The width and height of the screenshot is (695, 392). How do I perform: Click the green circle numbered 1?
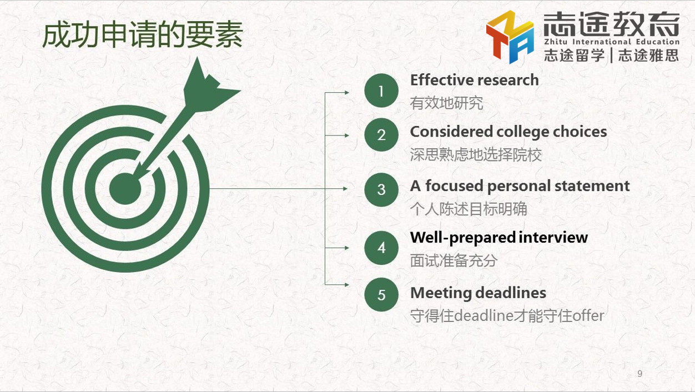[381, 91]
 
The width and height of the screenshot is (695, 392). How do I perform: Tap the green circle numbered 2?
[381, 135]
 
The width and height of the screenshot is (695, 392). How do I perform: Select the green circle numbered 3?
[381, 190]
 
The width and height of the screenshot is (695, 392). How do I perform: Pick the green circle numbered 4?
[381, 248]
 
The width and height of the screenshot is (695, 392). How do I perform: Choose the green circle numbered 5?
[381, 294]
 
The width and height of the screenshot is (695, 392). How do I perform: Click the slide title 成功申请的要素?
[143, 34]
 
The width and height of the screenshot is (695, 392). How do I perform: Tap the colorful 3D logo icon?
[510, 37]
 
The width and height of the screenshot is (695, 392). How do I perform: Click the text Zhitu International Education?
[612, 42]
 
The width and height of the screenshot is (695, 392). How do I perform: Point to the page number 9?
[639, 373]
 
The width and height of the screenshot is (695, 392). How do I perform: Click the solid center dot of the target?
[125, 189]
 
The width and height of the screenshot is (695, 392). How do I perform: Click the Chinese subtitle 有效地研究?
[446, 103]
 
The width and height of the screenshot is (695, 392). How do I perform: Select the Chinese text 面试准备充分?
[454, 260]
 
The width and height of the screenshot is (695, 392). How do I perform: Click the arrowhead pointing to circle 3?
[345, 188]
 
